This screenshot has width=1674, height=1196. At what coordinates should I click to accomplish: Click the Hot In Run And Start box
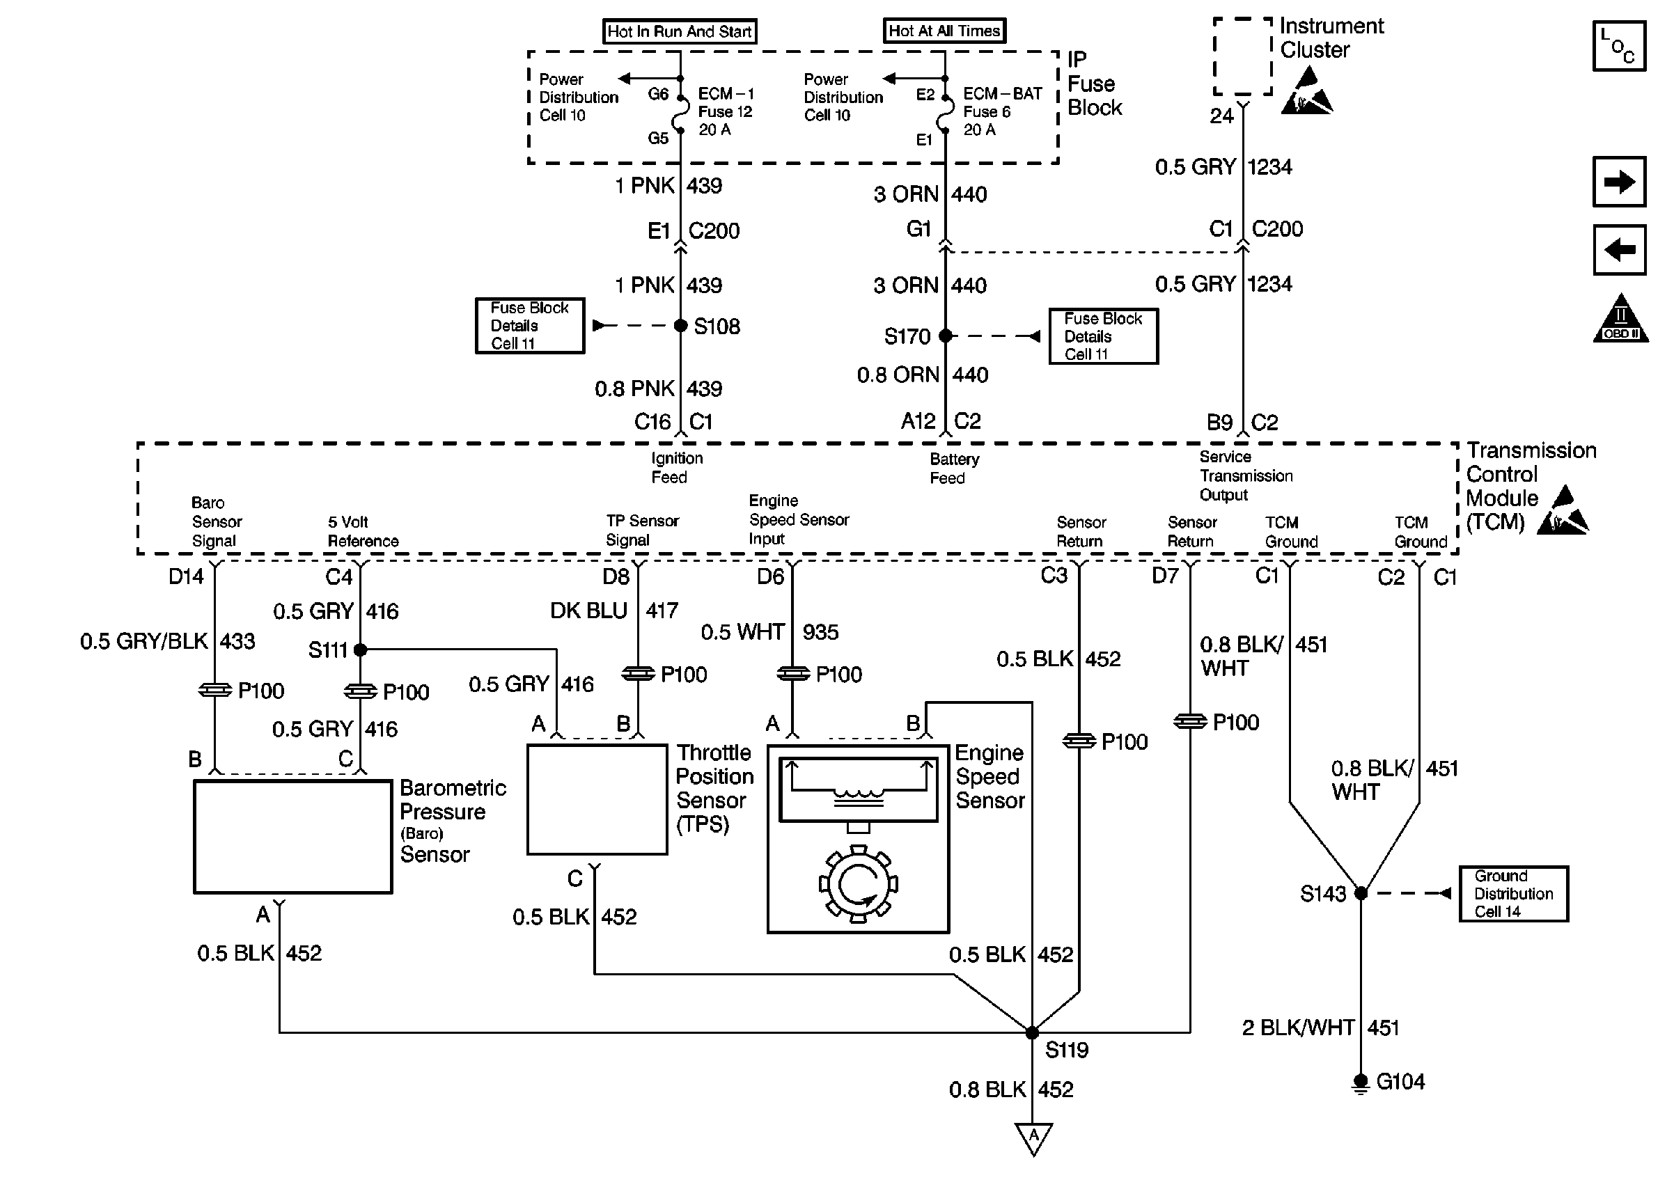click(679, 31)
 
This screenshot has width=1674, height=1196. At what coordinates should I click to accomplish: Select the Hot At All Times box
click(944, 31)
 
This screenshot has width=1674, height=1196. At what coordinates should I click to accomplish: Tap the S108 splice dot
click(680, 326)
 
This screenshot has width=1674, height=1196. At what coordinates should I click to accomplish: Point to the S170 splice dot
click(946, 336)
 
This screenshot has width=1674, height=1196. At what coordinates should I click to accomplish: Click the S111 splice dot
click(360, 650)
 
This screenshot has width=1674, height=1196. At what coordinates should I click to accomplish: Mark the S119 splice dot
click(1032, 1032)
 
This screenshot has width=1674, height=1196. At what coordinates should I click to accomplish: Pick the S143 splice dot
click(1361, 893)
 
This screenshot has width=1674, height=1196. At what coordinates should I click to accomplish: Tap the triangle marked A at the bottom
click(1033, 1137)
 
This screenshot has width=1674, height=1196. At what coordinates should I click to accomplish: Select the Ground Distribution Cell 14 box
click(1513, 893)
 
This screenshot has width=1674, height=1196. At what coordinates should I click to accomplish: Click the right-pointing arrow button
click(1619, 182)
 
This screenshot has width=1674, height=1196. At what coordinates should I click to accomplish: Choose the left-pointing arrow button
click(1619, 250)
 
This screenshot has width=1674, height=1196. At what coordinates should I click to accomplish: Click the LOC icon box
click(1619, 46)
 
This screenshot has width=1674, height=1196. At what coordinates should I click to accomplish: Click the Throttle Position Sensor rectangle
click(597, 800)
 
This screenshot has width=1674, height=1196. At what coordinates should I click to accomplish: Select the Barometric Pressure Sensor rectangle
click(292, 837)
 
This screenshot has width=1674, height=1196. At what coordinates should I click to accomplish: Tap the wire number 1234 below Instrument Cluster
click(1269, 167)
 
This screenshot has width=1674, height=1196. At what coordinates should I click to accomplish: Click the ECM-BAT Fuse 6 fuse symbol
click(945, 113)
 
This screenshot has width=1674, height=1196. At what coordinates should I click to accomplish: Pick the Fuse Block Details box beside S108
click(529, 326)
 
